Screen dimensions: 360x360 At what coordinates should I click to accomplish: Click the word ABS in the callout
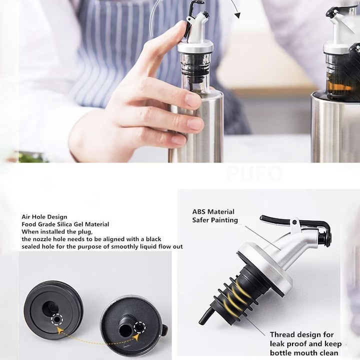[x=199, y=211]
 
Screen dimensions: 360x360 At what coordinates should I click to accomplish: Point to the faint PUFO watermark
[x=255, y=173]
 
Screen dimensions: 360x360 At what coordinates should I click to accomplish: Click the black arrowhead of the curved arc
[x=237, y=15]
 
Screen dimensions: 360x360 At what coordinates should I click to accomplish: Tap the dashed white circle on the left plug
[x=57, y=319]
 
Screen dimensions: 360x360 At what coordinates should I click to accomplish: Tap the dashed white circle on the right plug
[x=139, y=327]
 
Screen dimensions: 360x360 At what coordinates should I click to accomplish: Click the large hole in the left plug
[x=49, y=308]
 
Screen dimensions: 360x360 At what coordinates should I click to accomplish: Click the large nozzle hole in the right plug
[x=125, y=330]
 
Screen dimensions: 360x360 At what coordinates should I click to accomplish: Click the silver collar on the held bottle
[x=195, y=47]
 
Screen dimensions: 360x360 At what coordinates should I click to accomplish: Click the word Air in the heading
[x=25, y=217]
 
